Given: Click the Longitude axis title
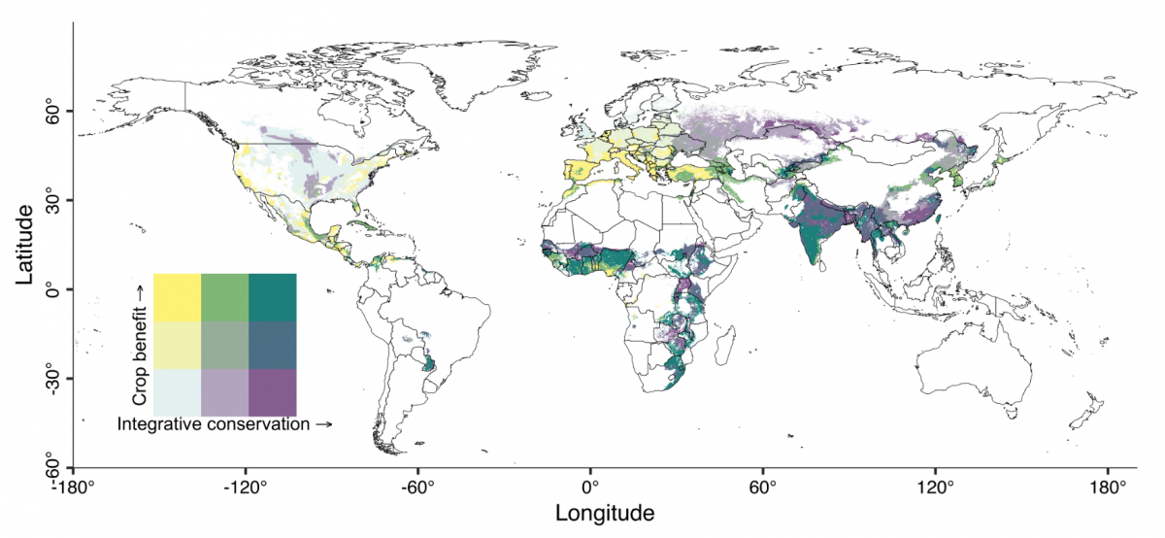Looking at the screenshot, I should click(x=604, y=512).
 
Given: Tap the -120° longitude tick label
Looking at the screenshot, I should click(x=244, y=486).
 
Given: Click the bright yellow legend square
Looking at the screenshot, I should click(x=177, y=297).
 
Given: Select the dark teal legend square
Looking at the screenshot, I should click(x=272, y=297).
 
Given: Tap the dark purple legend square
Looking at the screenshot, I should click(x=272, y=392).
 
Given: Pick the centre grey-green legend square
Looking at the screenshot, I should click(x=224, y=345).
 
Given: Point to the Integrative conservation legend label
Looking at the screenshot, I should click(x=224, y=424).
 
